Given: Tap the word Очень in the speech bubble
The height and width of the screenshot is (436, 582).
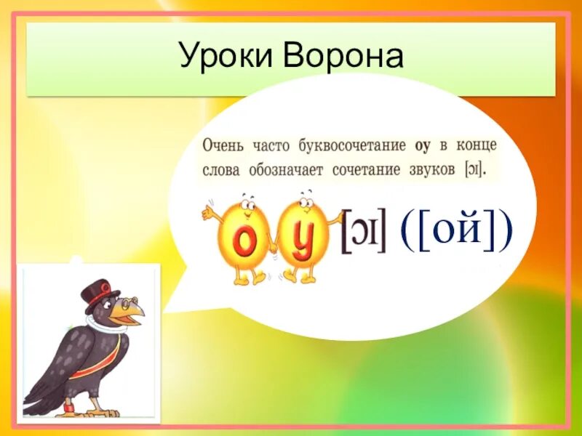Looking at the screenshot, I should tap(226, 145).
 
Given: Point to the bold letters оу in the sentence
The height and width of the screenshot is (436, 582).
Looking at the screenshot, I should tap(423, 145).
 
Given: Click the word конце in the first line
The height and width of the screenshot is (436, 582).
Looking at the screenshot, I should tap(477, 145).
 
